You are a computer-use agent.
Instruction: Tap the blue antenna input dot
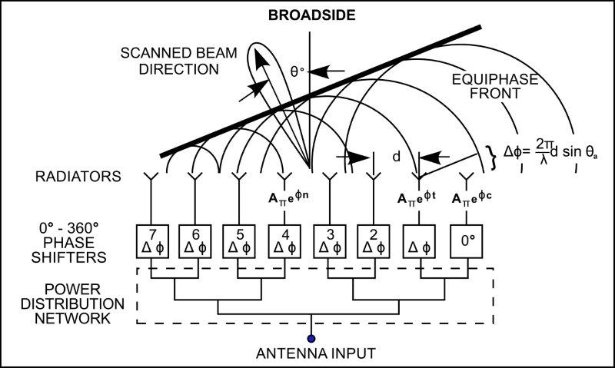click(x=311, y=337)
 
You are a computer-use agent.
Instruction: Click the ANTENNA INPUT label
click(x=311, y=353)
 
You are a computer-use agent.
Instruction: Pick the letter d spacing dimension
click(x=396, y=157)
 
